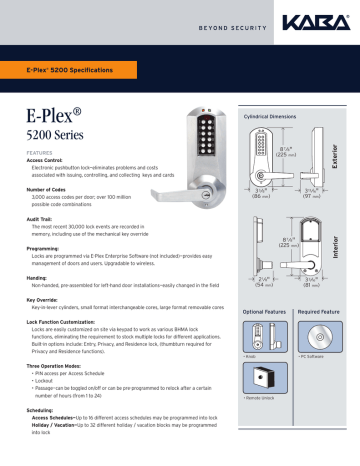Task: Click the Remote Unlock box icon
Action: pos(261,383)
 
